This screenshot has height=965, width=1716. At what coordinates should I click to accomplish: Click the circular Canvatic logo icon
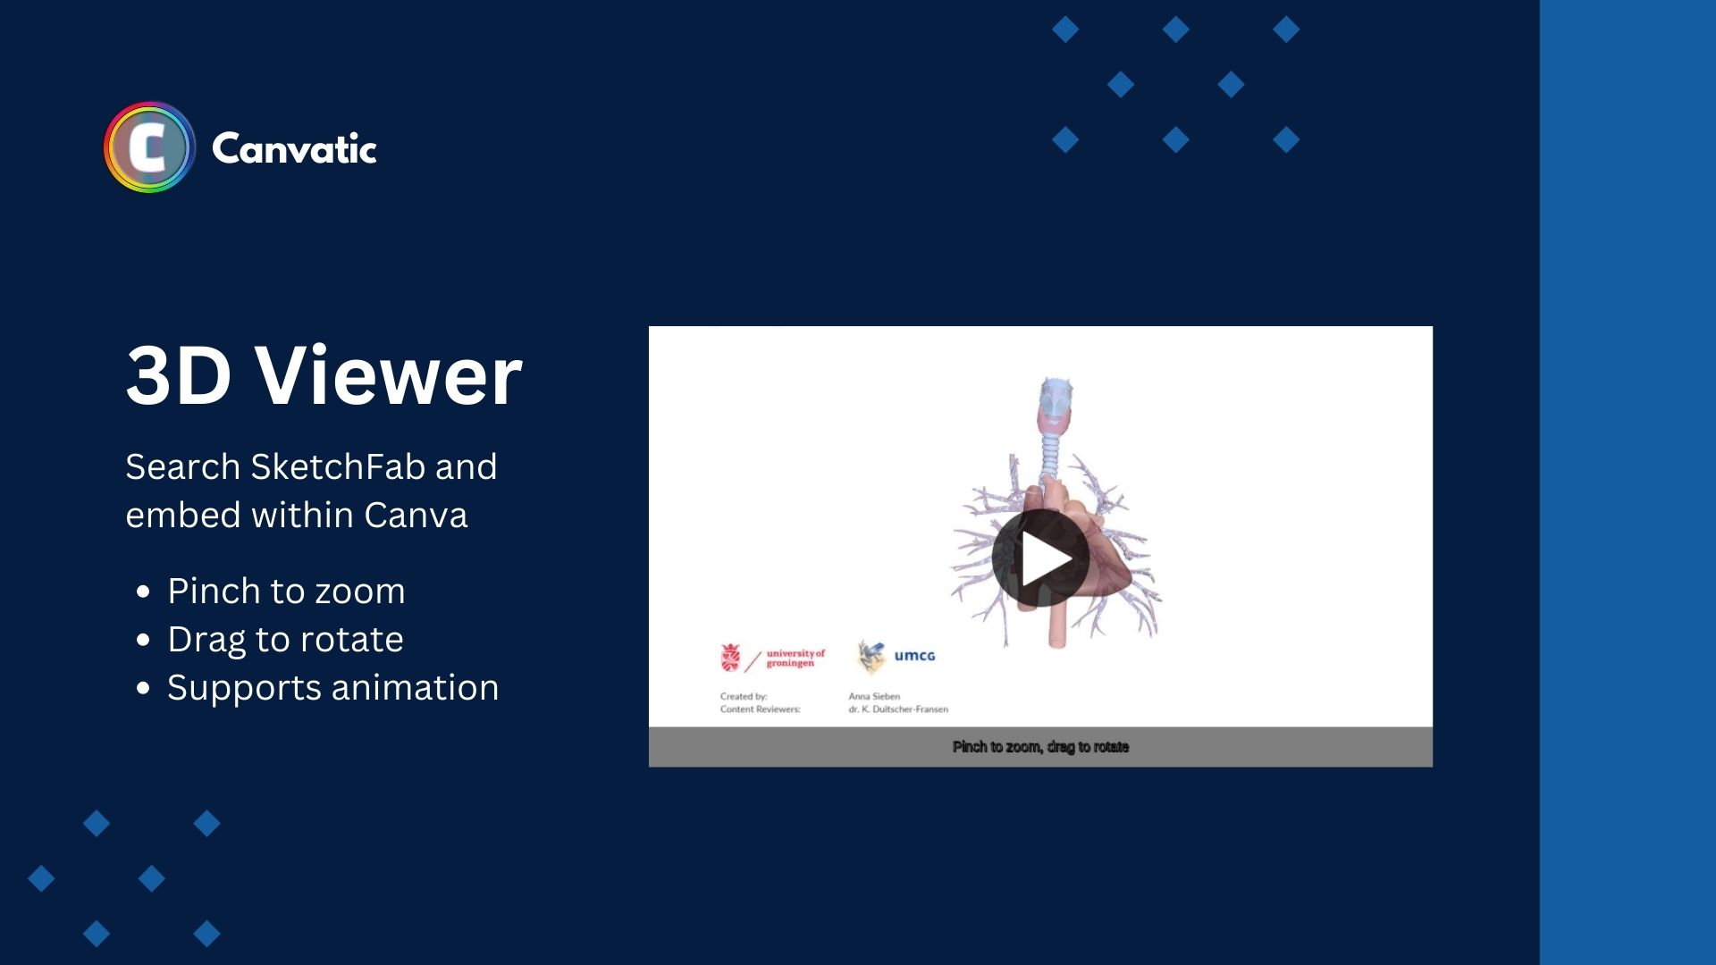click(149, 147)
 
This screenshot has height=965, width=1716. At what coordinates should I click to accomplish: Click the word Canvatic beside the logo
click(294, 148)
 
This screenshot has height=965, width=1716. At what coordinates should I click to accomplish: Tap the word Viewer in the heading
click(389, 375)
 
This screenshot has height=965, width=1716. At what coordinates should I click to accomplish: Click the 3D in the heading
click(179, 375)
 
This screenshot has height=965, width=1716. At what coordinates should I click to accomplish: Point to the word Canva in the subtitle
click(416, 516)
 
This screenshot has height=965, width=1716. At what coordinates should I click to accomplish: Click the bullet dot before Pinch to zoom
click(143, 592)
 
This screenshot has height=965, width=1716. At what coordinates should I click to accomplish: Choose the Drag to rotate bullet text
click(285, 640)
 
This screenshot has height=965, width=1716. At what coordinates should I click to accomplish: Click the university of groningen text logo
click(795, 658)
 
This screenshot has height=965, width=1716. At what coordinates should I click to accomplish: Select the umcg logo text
click(914, 656)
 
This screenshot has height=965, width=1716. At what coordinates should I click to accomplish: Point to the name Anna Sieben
click(874, 696)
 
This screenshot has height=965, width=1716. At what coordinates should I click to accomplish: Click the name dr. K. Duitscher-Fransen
click(898, 709)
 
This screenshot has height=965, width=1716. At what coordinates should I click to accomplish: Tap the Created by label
click(744, 696)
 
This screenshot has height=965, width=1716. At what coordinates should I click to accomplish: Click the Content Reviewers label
click(761, 709)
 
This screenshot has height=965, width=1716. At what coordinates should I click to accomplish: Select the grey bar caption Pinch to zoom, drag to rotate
click(1040, 747)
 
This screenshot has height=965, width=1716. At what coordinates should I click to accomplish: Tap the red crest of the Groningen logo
click(730, 658)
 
